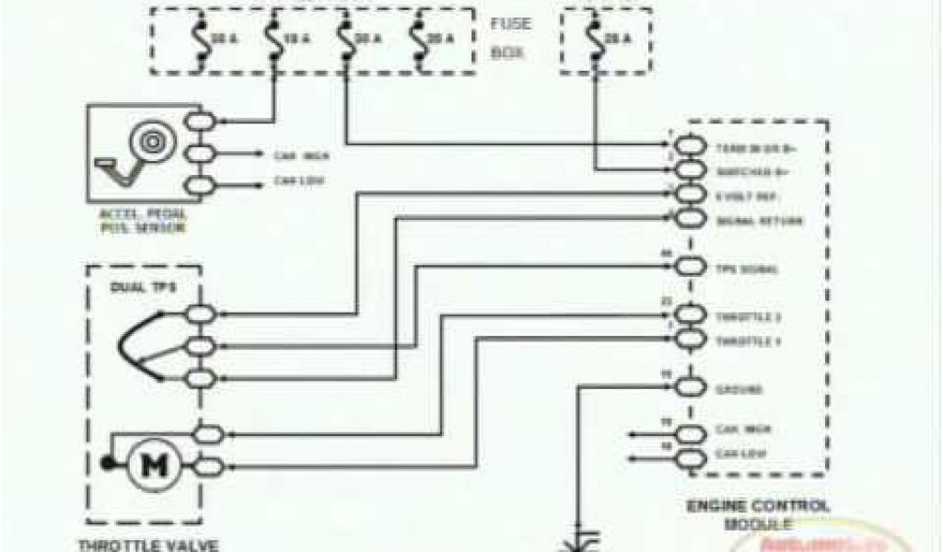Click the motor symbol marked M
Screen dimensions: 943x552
pos(148,466)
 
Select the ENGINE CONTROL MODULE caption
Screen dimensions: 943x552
pos(759,514)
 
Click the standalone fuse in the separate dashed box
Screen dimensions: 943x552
pos(595,38)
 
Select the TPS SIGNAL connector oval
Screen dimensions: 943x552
pos(691,268)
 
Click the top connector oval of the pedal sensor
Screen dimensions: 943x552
pos(199,121)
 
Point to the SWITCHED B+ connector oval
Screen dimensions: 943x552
pos(691,171)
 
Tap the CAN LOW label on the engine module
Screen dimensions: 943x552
pos(735,454)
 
